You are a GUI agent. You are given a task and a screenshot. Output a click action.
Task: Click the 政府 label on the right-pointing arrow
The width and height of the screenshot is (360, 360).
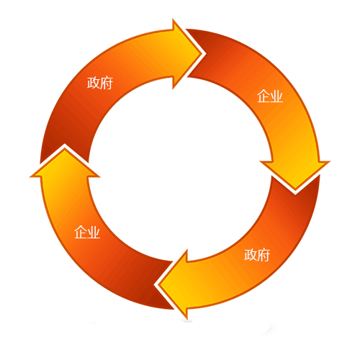(x=100, y=83)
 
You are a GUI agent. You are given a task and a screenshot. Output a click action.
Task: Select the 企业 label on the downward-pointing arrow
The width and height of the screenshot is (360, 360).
(x=270, y=96)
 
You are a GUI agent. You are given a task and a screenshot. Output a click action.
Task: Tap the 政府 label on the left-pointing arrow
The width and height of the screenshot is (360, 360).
(x=257, y=255)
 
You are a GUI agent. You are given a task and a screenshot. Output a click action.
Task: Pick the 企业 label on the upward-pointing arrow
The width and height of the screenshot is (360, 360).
(x=87, y=232)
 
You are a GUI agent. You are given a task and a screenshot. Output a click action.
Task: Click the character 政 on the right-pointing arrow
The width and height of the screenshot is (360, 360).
(x=94, y=83)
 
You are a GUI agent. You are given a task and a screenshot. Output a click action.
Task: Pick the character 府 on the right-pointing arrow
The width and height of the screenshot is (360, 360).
(x=107, y=83)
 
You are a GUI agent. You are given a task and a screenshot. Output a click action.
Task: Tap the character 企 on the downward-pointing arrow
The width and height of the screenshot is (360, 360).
(x=264, y=96)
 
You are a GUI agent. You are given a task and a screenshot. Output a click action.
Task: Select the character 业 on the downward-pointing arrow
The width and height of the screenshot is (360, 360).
(x=276, y=96)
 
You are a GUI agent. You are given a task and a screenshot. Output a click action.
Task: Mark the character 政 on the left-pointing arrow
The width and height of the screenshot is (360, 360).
(x=251, y=255)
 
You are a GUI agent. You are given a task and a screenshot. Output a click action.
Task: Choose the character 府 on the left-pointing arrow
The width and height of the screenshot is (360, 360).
(x=264, y=255)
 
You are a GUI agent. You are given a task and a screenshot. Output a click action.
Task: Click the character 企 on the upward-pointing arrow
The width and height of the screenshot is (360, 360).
(x=81, y=232)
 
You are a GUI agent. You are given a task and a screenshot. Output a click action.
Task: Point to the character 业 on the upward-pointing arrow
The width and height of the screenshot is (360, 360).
(x=94, y=232)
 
